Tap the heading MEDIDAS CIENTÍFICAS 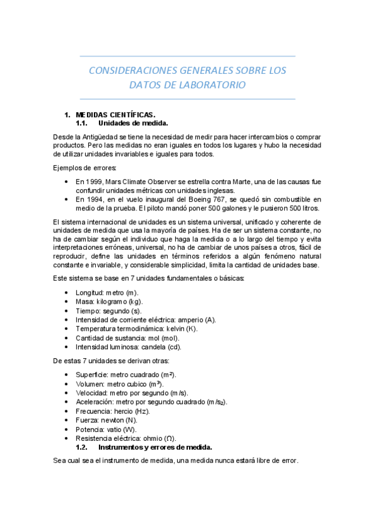tap(115, 115)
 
